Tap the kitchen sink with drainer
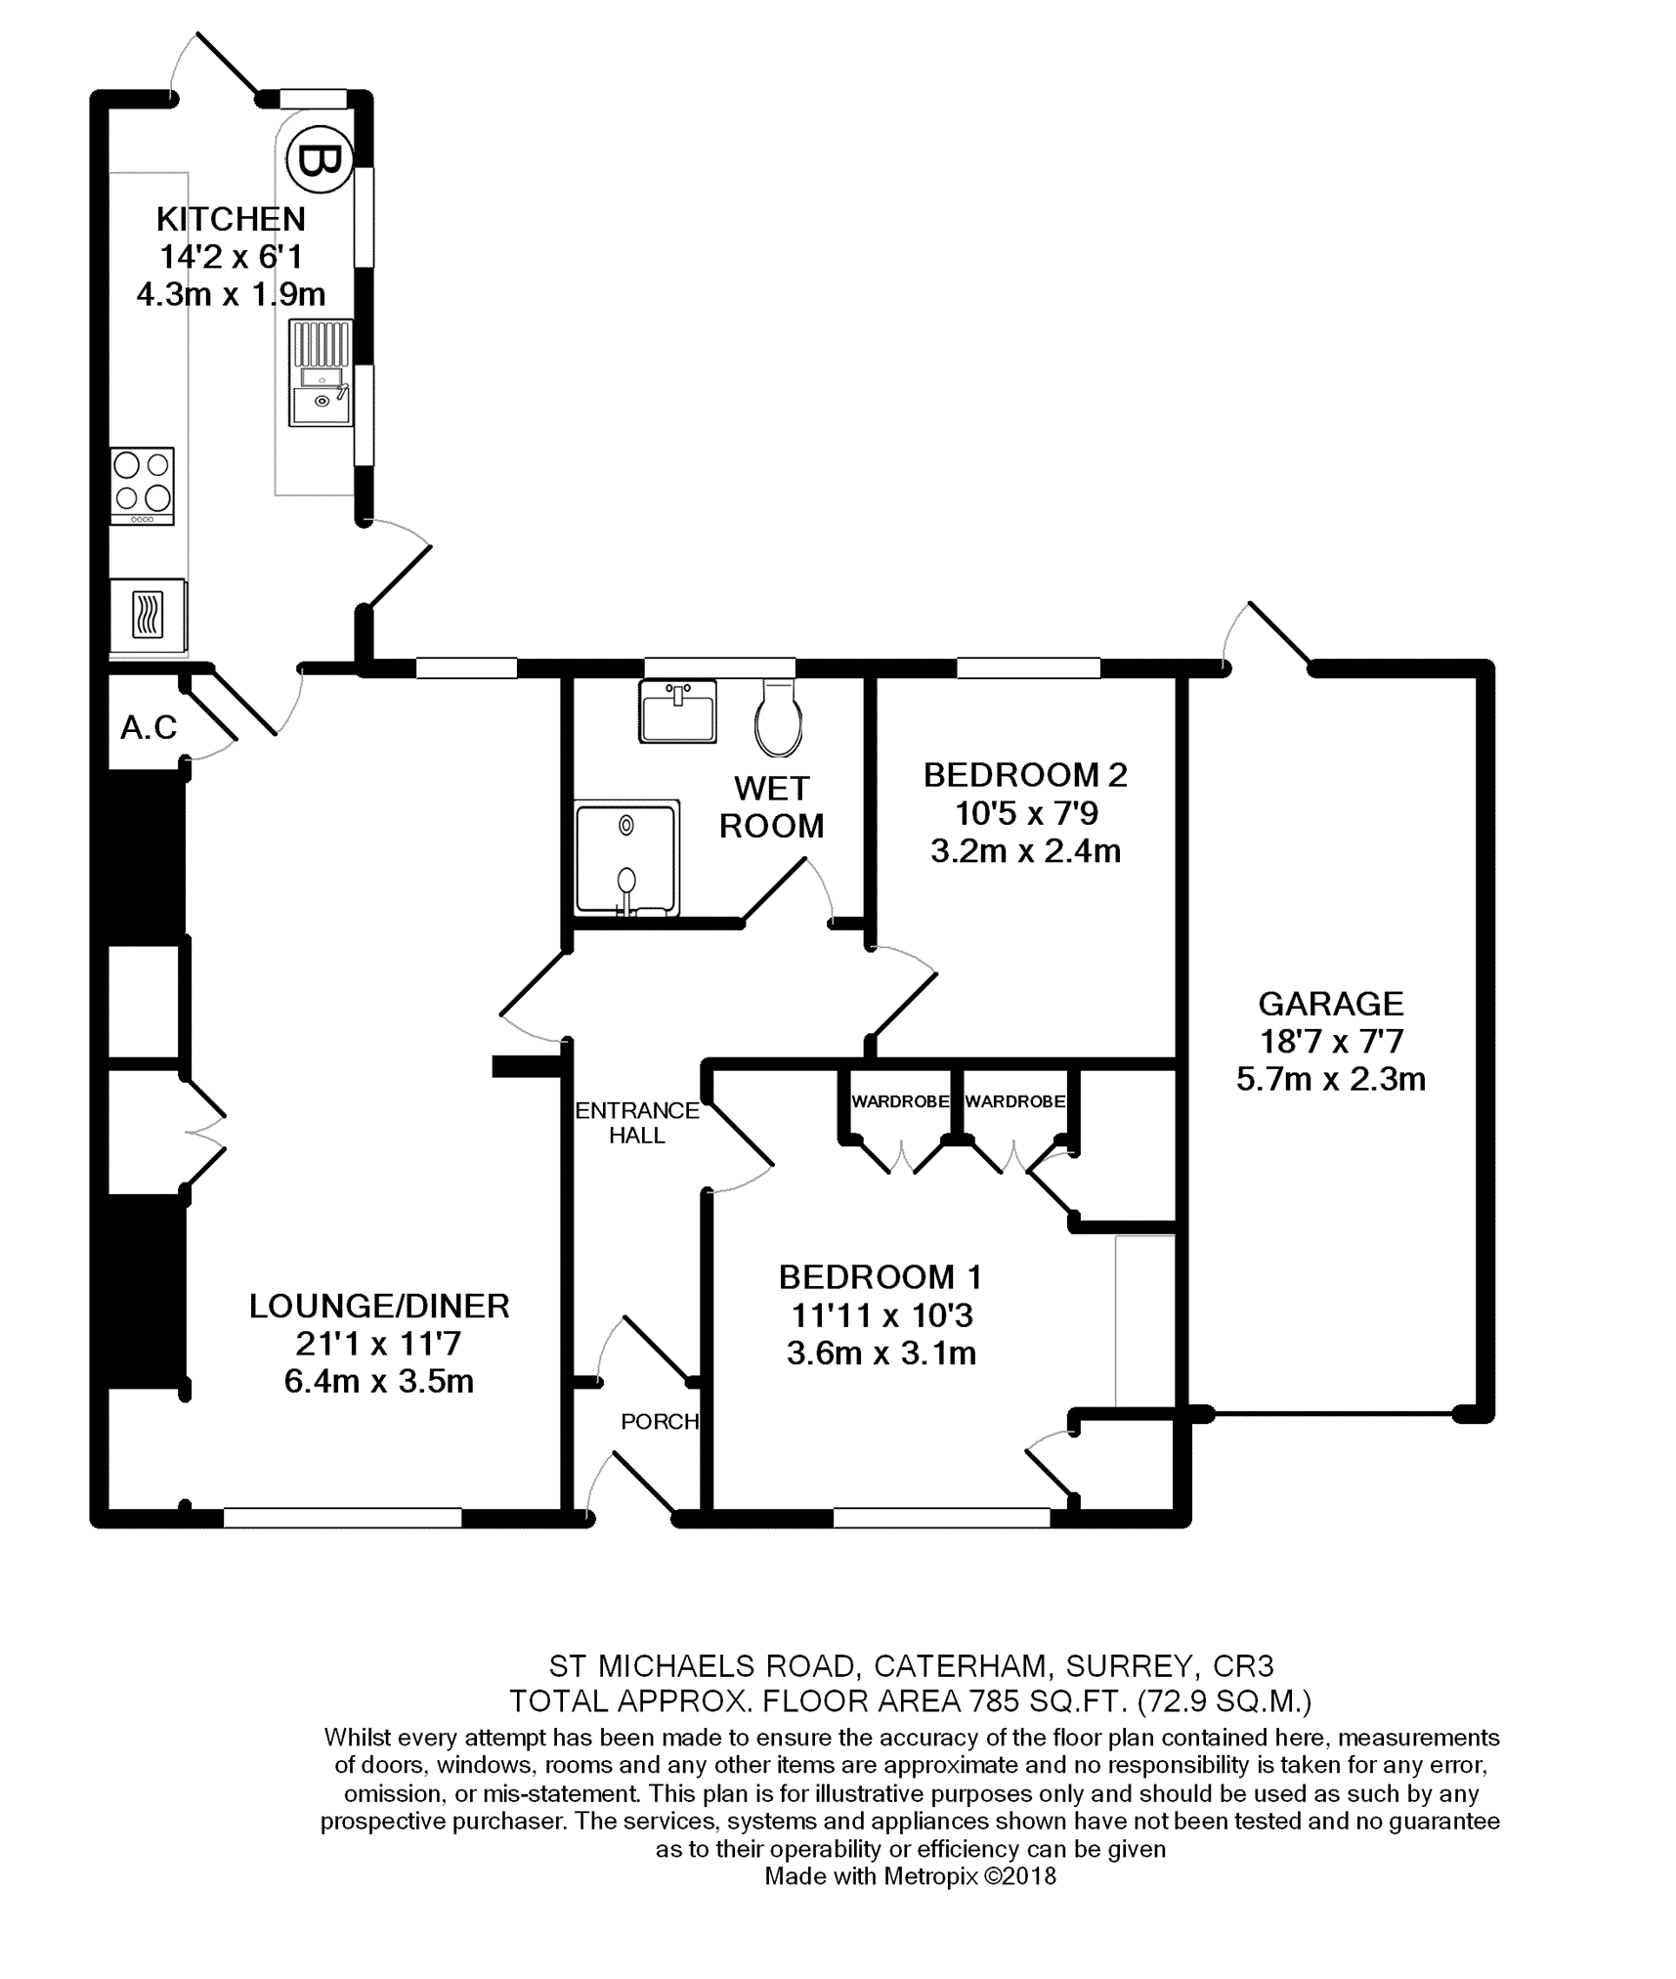(321, 372)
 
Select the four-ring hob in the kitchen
(143, 486)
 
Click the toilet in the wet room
(779, 717)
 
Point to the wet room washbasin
(678, 710)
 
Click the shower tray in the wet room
(626, 858)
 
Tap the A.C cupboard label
(149, 727)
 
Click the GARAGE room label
(1330, 1003)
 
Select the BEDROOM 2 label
(1025, 775)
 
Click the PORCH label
(660, 1421)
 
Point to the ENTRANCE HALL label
(637, 1122)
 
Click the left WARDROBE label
(900, 1101)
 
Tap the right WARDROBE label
(1015, 1101)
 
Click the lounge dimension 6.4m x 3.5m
(379, 1381)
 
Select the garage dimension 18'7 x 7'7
(1330, 1041)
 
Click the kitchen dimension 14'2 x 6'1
(231, 256)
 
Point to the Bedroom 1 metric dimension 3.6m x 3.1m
(881, 1353)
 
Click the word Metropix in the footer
(930, 1876)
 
